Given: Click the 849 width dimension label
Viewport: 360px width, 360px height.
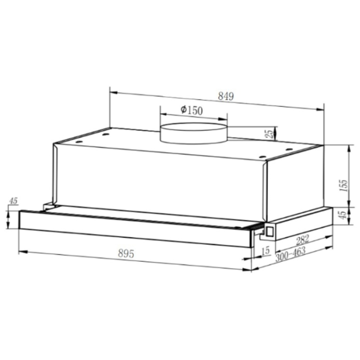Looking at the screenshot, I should coord(226,96).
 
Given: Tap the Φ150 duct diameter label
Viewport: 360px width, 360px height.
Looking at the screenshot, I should coord(192,110).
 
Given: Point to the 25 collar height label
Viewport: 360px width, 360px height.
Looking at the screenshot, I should coord(269,134).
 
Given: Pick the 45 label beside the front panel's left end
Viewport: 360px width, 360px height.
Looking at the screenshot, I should coord(13,201).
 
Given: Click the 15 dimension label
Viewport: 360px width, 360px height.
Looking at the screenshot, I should coord(265,250).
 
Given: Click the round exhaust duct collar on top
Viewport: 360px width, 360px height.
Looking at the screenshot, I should coord(193,133).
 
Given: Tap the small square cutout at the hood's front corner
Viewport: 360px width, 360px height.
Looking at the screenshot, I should coord(268,232).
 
